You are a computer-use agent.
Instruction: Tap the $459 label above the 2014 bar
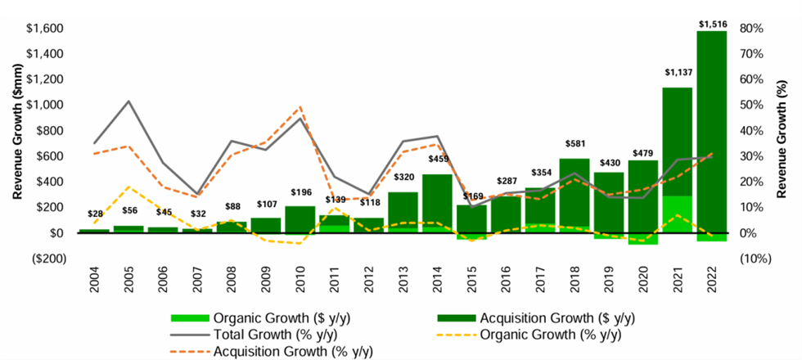click(x=436, y=159)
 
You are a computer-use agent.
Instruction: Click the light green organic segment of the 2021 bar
click(x=678, y=214)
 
